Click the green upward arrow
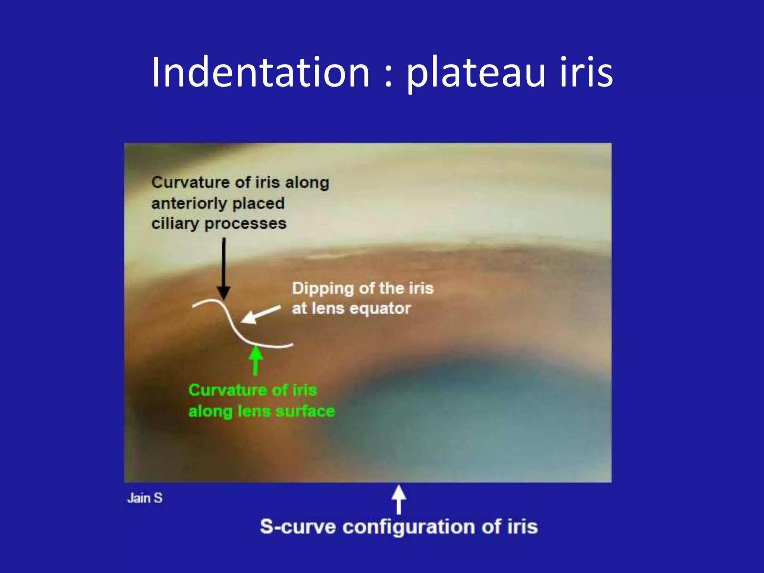256,360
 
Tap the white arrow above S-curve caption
399,499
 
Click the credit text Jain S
145,498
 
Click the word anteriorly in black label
189,204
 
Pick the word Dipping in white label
323,289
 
